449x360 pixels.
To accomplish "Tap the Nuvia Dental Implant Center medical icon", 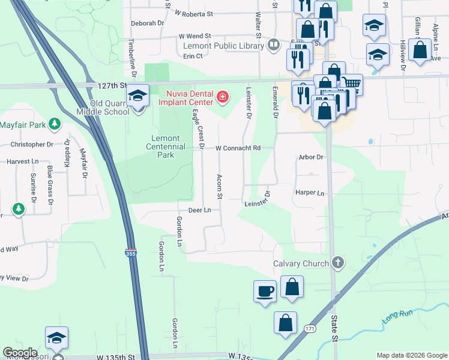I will (x=222, y=97).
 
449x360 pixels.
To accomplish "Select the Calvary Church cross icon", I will (x=338, y=262).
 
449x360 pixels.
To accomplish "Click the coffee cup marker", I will (x=265, y=291).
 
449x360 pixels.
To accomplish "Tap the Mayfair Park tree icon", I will (x=55, y=124).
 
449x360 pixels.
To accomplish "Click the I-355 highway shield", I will (x=131, y=254).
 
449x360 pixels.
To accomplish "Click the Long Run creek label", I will (x=398, y=314).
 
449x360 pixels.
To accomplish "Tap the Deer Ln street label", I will (x=200, y=210).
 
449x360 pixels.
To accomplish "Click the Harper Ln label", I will (x=310, y=193).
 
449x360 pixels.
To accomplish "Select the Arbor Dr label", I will (x=311, y=157).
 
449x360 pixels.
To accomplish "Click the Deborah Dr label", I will (x=147, y=23).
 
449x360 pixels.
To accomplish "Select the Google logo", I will (x=20, y=353).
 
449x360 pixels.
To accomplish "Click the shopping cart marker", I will (x=351, y=84).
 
